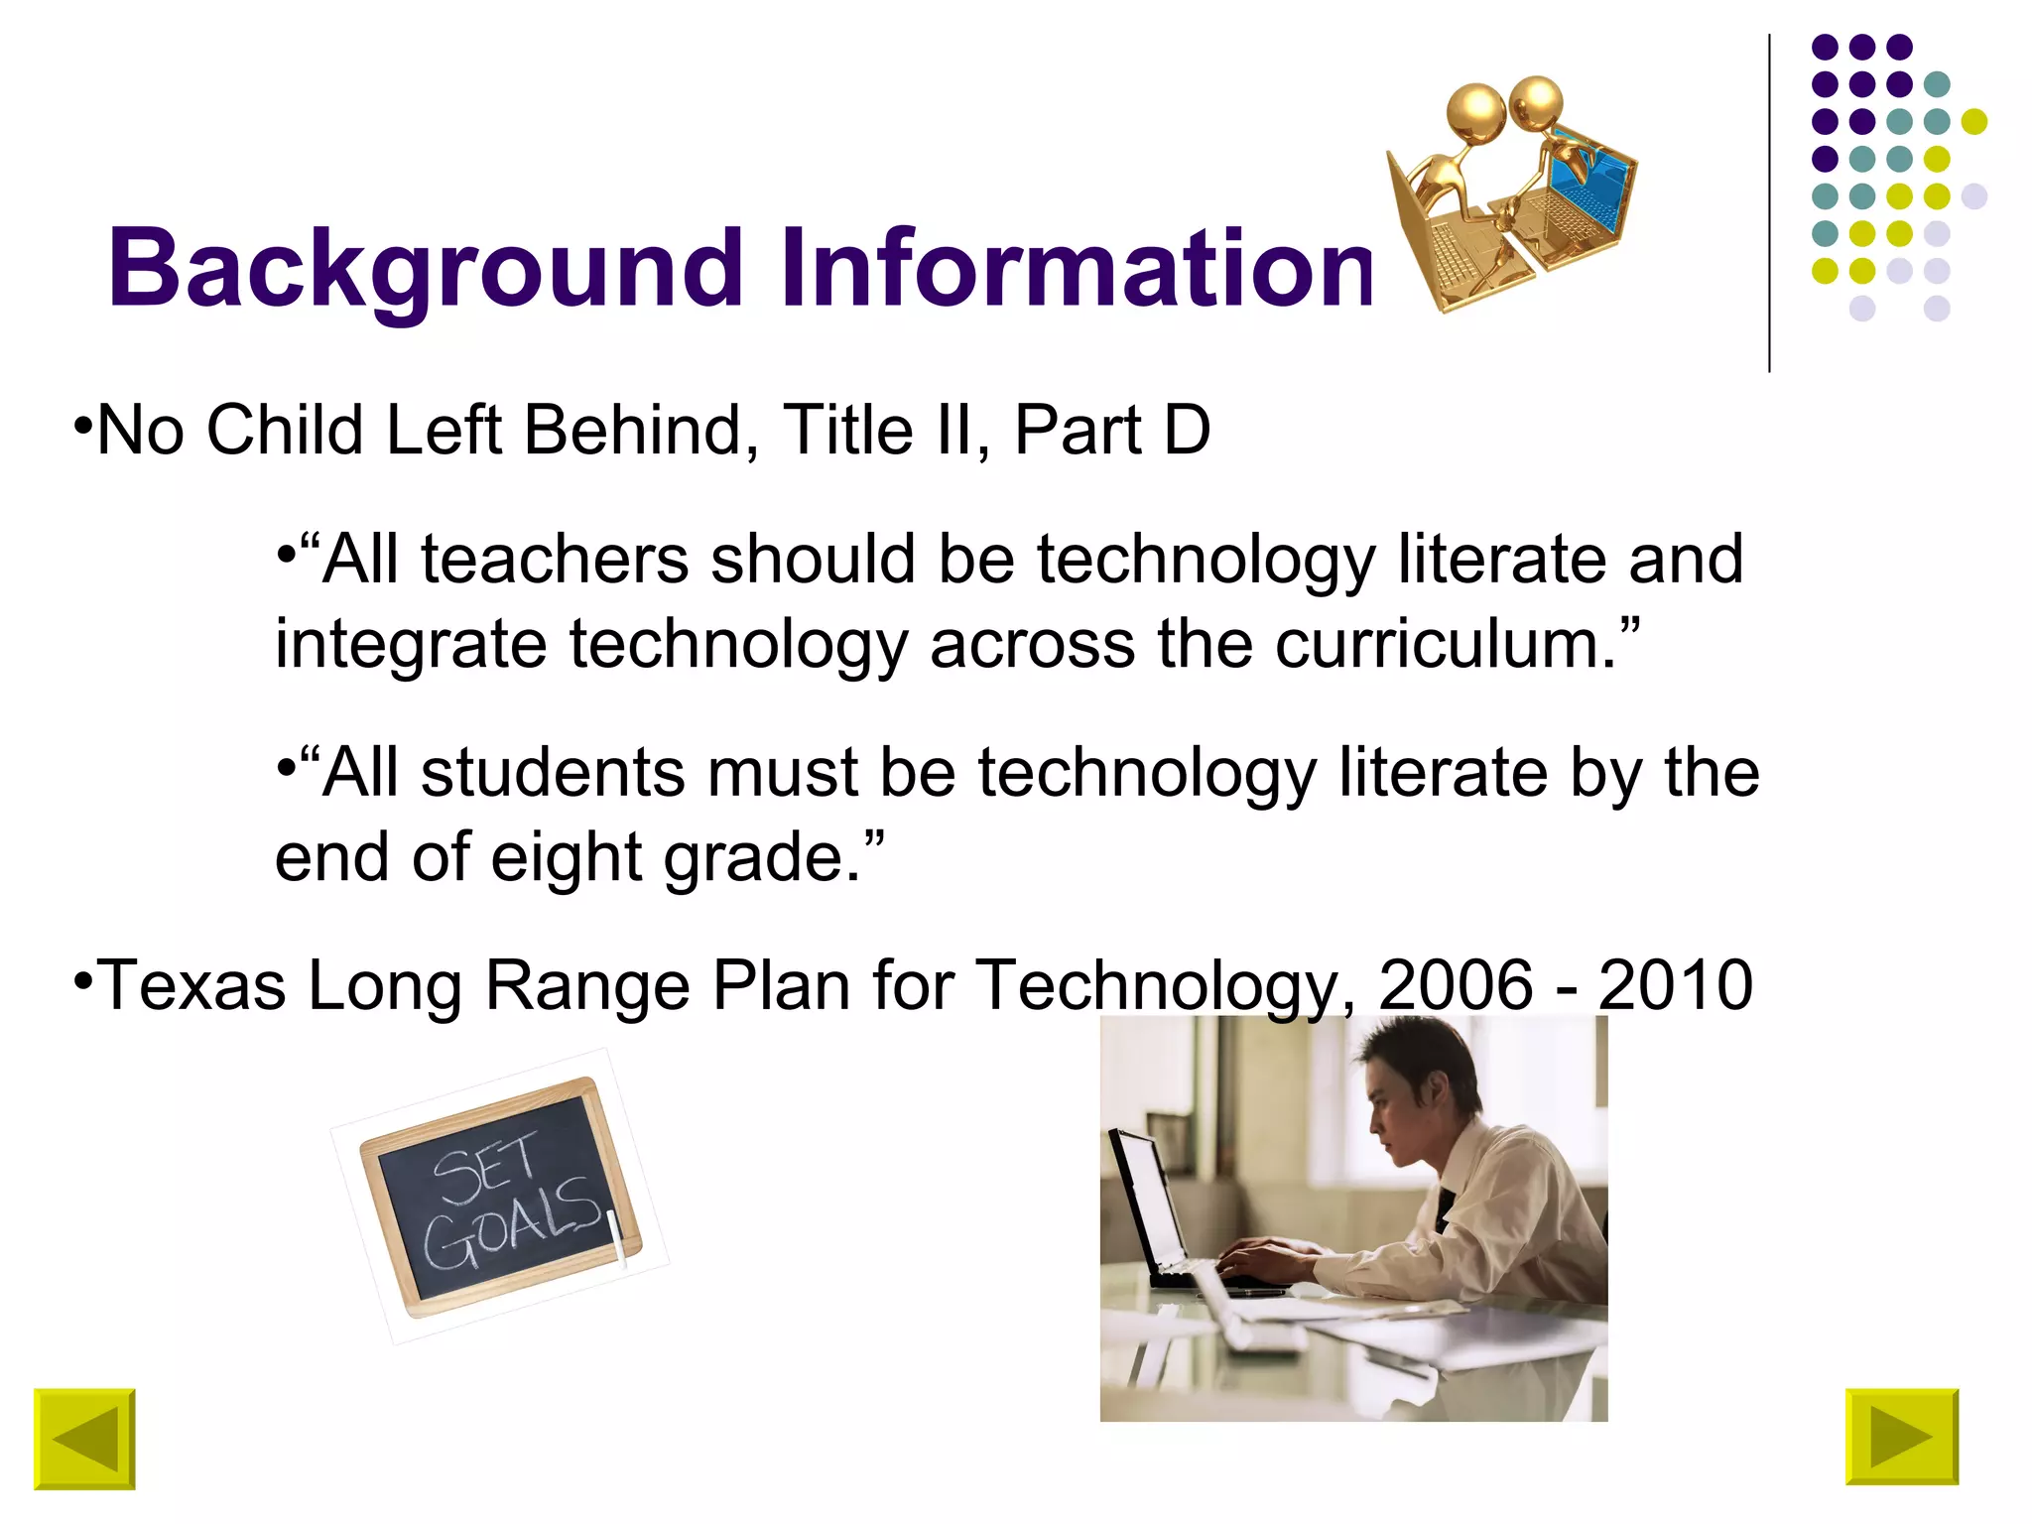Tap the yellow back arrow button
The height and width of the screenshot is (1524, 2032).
tap(84, 1439)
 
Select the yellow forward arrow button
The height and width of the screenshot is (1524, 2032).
tap(1901, 1437)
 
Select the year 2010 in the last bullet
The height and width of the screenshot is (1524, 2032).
tap(1676, 985)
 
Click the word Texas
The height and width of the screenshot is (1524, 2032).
tap(192, 985)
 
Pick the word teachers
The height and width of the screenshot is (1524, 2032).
tap(555, 560)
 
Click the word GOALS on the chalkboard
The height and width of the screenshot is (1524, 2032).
tap(512, 1226)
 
